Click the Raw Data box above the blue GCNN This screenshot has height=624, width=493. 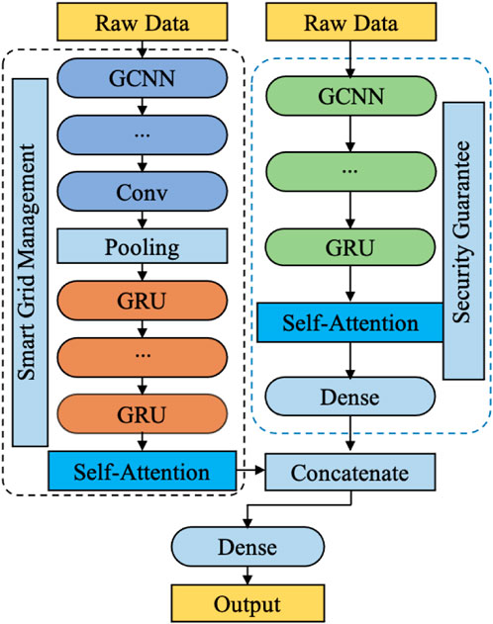(x=143, y=22)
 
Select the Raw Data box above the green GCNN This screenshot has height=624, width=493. (x=350, y=22)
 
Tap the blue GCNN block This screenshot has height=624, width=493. (x=143, y=78)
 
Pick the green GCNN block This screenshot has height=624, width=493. (x=350, y=96)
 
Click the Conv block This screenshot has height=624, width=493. (x=143, y=192)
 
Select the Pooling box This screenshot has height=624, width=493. (x=143, y=246)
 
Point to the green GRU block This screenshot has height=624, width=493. (x=350, y=247)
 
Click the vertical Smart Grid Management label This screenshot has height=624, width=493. (x=30, y=262)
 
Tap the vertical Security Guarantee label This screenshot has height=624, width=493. (x=463, y=240)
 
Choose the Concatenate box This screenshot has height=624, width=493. (x=350, y=473)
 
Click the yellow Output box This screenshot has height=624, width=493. (x=247, y=603)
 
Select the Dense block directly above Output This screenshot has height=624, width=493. (x=247, y=547)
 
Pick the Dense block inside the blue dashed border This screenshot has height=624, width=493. (x=350, y=397)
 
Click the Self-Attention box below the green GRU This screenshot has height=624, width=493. (x=350, y=322)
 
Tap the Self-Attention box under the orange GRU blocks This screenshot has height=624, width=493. (x=143, y=471)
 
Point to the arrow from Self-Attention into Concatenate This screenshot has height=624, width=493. (x=250, y=471)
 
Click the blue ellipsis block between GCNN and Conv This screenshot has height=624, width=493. (x=143, y=135)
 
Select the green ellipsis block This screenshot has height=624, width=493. (x=350, y=171)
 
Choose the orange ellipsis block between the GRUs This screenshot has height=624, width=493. (x=143, y=357)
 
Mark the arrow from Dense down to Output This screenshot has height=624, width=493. (x=247, y=576)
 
